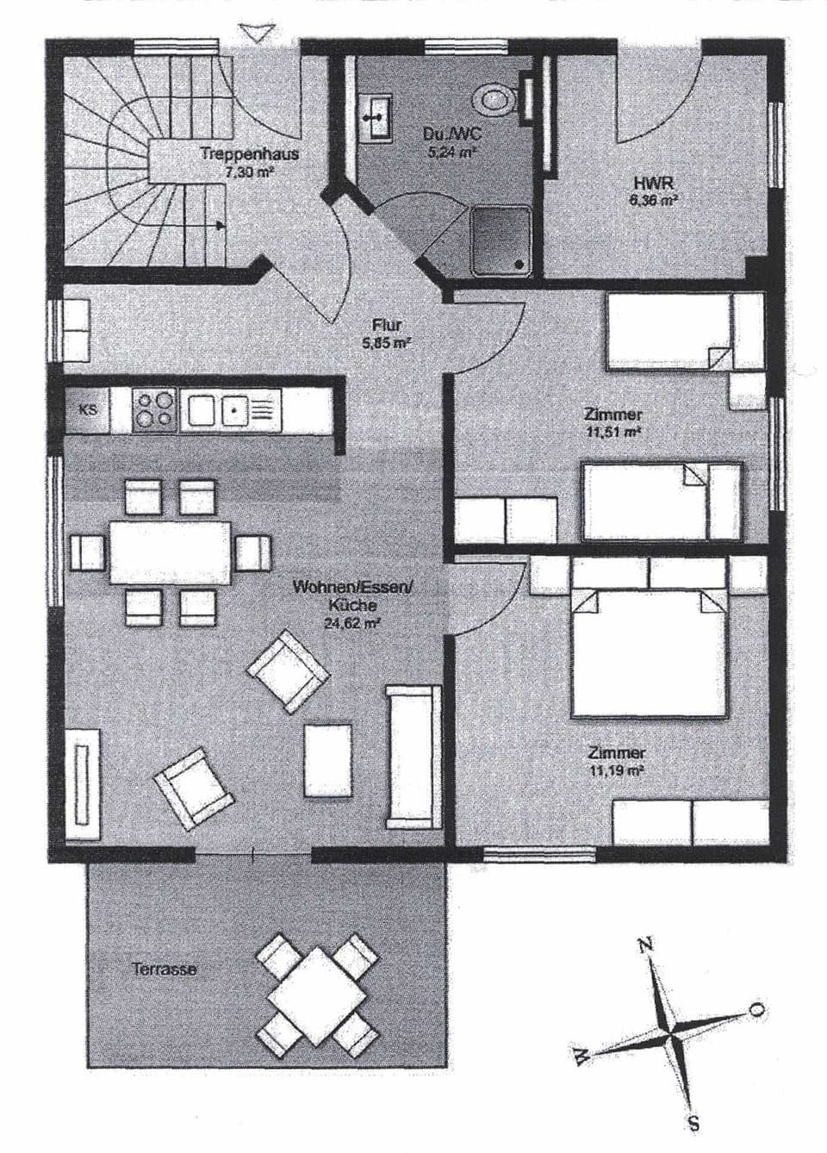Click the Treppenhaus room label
249,155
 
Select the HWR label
653,184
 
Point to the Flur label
387,325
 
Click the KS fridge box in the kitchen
88,410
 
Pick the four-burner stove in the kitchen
155,409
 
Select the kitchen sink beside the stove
233,409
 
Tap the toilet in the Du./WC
497,97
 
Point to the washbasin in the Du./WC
376,116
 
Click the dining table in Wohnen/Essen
170,552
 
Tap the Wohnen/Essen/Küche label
353,595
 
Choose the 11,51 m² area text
612,433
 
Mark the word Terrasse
165,969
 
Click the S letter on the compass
694,1125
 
